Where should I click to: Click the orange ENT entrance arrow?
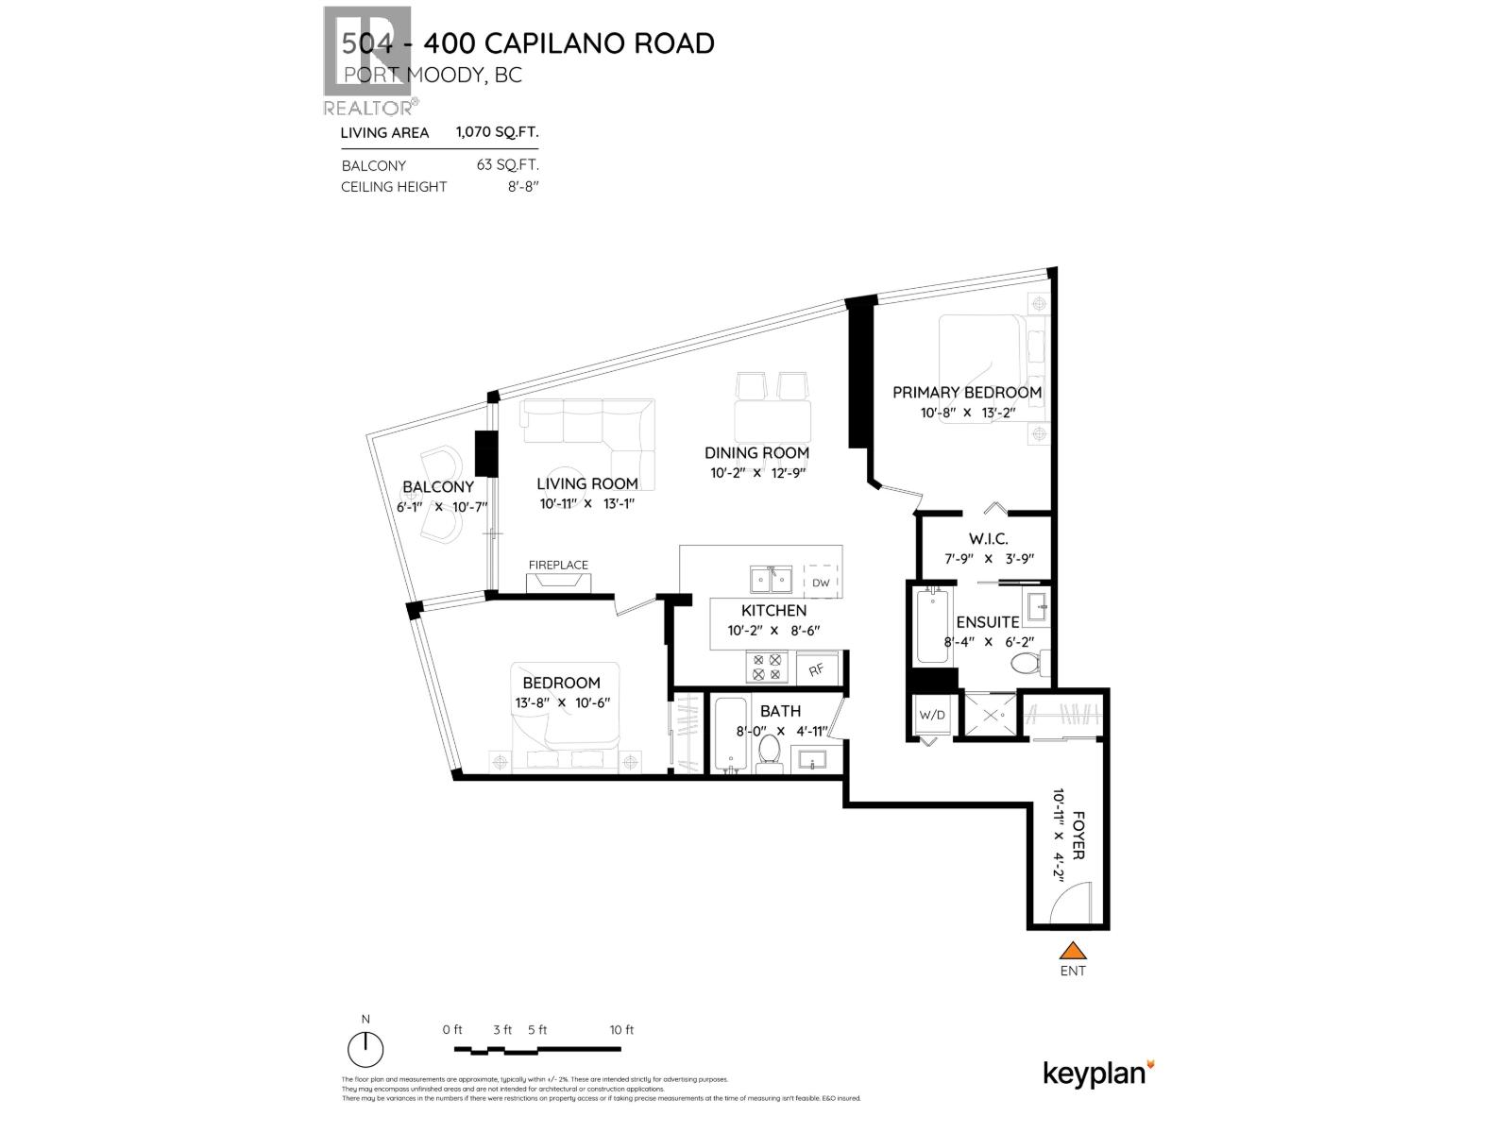point(1072,951)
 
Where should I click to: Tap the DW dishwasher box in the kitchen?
point(821,583)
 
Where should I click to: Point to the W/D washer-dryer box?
point(931,715)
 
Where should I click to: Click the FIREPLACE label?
point(558,565)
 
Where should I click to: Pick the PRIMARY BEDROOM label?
point(967,392)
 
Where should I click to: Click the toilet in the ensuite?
point(1026,663)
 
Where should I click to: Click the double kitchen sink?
point(771,578)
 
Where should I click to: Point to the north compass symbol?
point(365,1049)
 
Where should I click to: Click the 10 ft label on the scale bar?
point(621,1029)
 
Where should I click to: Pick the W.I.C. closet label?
point(981,539)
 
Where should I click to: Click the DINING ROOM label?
point(756,453)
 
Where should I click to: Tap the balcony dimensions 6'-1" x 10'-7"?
point(442,507)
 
